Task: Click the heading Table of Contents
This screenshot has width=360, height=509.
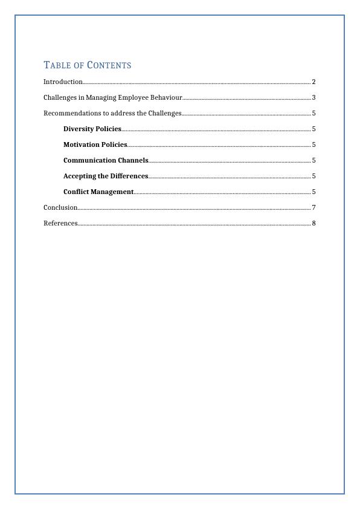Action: tap(88, 65)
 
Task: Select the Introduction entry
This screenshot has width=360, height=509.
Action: tap(63, 82)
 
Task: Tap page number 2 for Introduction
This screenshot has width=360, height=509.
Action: tap(314, 82)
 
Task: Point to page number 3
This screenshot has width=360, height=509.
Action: tap(314, 97)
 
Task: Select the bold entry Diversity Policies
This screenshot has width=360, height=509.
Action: tap(92, 129)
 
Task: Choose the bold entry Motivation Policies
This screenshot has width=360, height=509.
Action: tap(95, 144)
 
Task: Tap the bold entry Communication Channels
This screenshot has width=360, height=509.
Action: tap(106, 160)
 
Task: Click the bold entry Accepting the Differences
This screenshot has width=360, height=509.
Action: tap(106, 176)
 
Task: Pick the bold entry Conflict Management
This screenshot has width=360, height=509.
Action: tap(98, 192)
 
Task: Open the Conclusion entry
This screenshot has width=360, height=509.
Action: tap(60, 207)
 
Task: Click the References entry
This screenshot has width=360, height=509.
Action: tap(60, 223)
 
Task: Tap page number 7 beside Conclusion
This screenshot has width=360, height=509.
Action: tap(314, 207)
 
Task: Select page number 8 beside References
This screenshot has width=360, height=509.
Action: tap(314, 223)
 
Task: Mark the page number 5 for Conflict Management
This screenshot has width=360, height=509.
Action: tap(314, 192)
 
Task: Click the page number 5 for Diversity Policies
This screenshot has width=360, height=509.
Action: tap(314, 129)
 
